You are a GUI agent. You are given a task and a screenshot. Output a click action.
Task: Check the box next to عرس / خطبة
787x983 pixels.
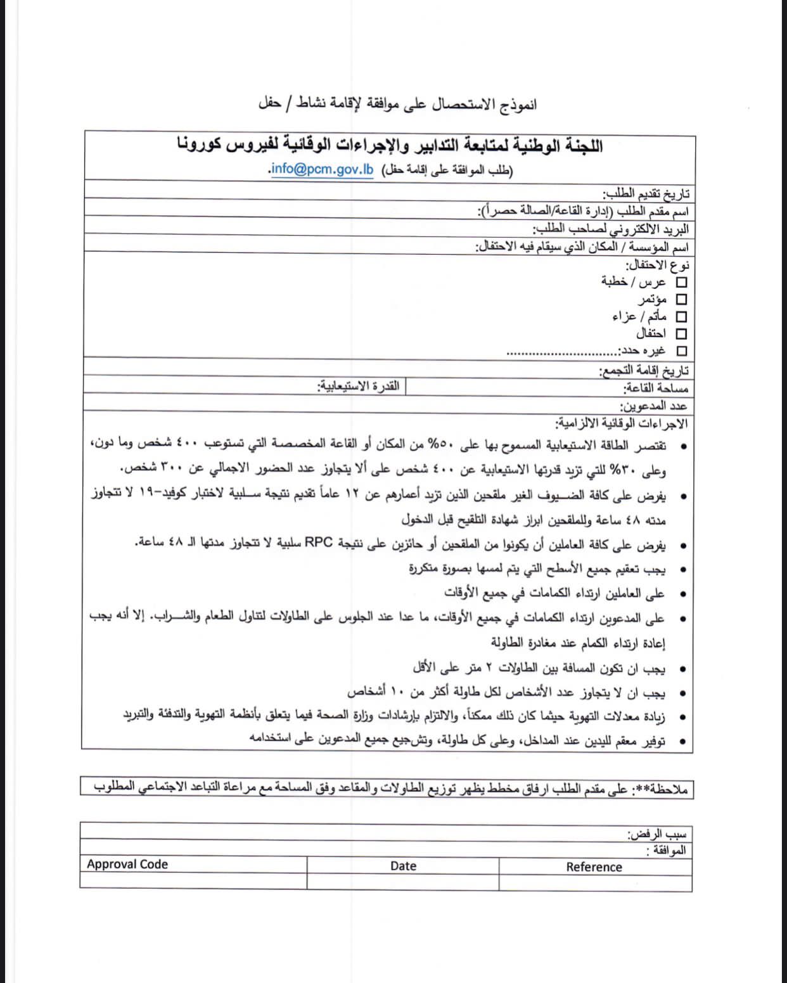[x=682, y=282]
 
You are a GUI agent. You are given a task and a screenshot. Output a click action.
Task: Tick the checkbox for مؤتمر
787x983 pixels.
[x=682, y=299]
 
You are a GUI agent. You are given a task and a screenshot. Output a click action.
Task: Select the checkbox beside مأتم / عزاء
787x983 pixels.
[x=682, y=316]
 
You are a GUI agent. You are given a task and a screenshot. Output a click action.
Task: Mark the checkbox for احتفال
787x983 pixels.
[x=682, y=333]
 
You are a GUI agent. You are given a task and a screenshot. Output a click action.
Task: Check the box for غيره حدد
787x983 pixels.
[x=682, y=350]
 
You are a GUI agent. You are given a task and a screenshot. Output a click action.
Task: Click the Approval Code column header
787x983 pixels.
[x=127, y=864]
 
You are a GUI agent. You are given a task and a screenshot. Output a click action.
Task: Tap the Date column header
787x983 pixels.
[x=403, y=866]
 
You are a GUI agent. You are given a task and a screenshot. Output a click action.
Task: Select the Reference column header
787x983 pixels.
[x=594, y=867]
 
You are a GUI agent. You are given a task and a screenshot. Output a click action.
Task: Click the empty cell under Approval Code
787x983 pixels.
[x=193, y=881]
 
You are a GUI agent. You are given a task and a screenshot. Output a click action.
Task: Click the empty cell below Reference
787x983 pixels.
[x=594, y=883]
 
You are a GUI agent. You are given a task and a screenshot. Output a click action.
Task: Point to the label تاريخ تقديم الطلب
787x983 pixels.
[x=646, y=194]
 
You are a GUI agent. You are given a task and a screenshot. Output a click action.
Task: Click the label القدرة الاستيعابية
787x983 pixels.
[x=359, y=386]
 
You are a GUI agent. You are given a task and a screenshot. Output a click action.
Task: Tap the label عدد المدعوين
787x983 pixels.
[x=653, y=406]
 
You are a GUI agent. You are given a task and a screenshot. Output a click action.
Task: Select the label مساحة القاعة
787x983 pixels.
[x=655, y=389]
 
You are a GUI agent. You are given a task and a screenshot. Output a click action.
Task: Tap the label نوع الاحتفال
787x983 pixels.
[x=658, y=266]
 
